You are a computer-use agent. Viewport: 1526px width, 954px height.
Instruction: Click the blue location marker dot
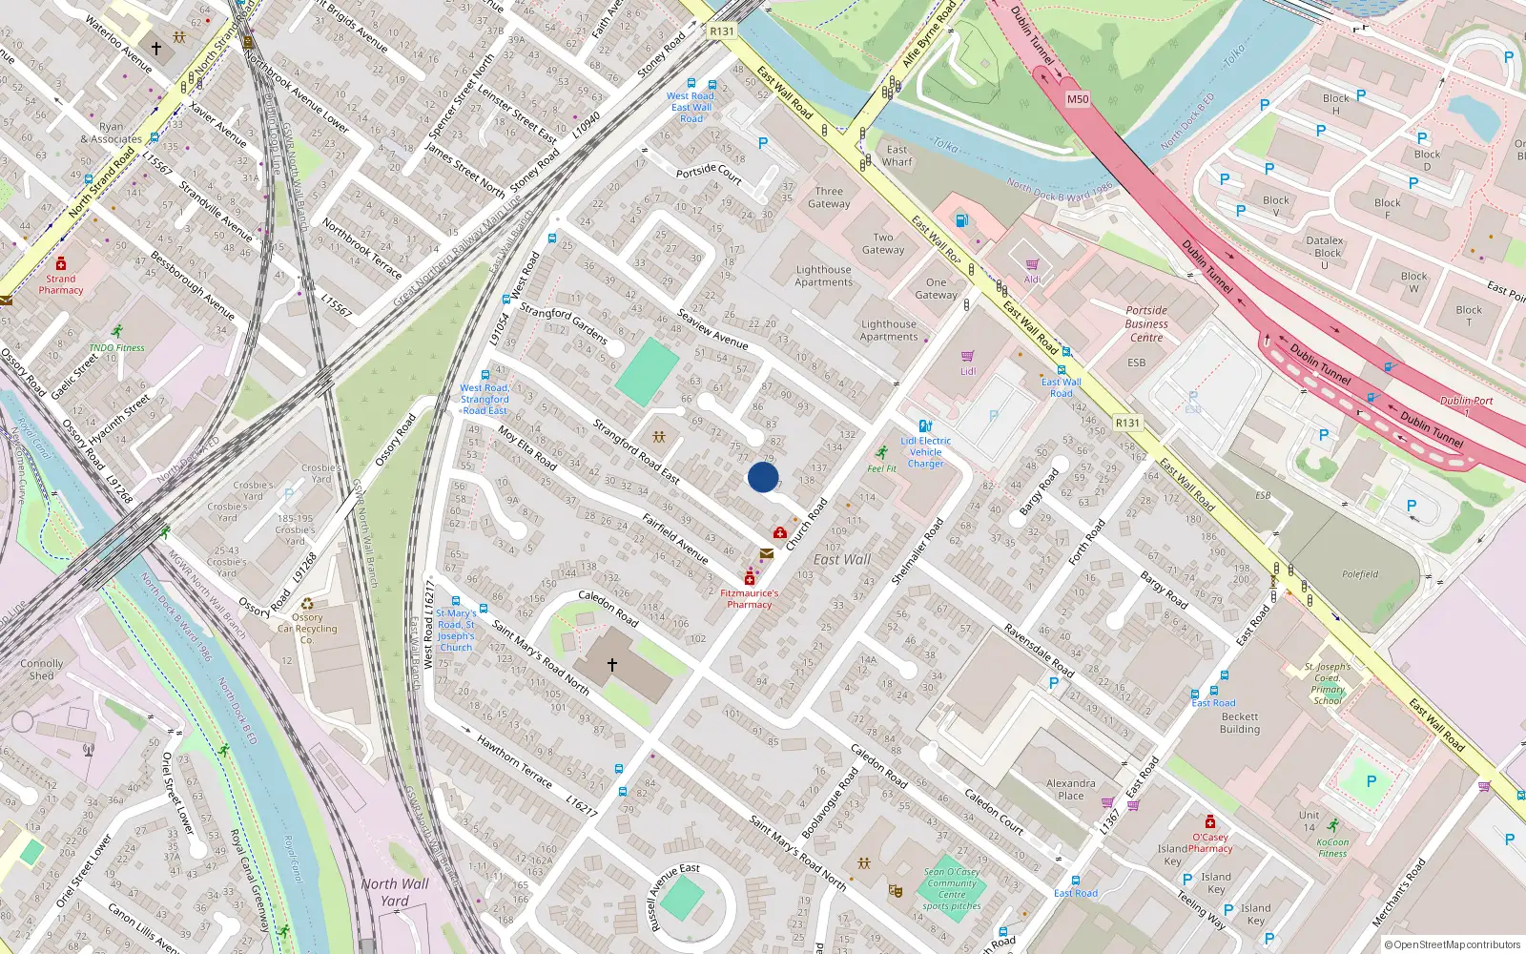pos(763,477)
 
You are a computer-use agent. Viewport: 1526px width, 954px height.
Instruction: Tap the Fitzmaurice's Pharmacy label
pos(750,598)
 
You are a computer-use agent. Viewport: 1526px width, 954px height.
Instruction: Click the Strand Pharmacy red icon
pos(61,263)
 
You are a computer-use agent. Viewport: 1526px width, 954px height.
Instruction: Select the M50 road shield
pos(1078,99)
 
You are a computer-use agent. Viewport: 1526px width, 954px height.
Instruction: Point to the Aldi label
pos(1033,280)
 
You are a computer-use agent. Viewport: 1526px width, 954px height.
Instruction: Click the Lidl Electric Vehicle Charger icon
pos(924,426)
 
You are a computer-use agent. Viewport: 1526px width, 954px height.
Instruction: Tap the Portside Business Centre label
pos(1146,323)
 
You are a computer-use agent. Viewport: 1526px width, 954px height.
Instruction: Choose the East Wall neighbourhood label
pos(842,560)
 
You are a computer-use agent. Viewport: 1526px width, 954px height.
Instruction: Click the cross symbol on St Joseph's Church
pos(612,664)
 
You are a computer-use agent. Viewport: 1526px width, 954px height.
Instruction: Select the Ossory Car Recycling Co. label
pos(307,628)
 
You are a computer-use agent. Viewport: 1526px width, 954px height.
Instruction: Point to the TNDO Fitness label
pos(117,348)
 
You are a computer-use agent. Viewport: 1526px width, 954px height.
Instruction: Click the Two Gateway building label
pos(883,244)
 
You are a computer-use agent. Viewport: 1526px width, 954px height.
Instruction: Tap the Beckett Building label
pos(1240,723)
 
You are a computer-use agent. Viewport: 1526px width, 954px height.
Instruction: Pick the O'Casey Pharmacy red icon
pos(1210,822)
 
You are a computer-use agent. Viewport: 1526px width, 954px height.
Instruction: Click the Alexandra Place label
pos(1070,789)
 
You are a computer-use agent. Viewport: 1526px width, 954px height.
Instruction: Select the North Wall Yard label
pos(395,892)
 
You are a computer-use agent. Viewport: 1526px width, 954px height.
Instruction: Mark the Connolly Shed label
pos(42,669)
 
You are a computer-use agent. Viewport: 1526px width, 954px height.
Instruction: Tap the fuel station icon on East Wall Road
pos(962,221)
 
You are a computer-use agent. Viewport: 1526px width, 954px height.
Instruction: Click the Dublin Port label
pos(1467,401)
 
